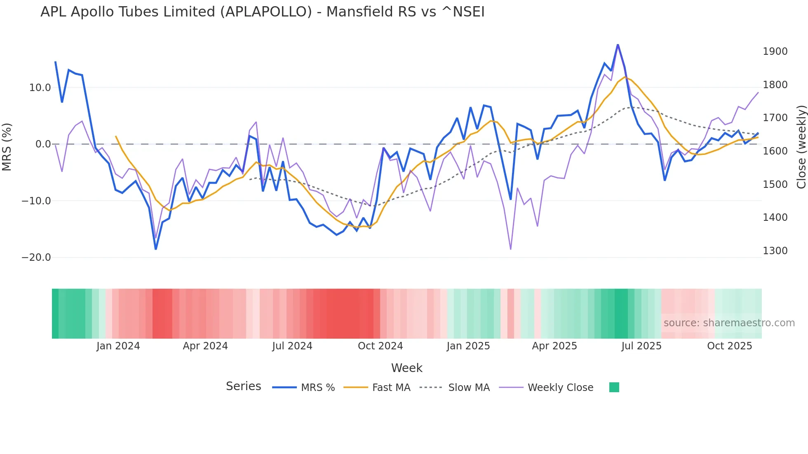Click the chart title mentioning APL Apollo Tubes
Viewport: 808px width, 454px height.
[262, 12]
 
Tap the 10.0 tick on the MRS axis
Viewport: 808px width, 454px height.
[40, 88]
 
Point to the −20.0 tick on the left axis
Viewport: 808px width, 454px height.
[36, 257]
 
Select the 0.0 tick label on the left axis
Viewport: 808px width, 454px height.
[43, 144]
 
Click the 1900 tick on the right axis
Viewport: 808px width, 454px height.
[775, 51]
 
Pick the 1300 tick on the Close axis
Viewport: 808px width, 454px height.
[775, 250]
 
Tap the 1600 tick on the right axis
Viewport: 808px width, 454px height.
[775, 151]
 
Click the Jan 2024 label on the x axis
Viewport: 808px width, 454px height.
[118, 346]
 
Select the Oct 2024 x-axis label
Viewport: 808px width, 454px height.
[380, 346]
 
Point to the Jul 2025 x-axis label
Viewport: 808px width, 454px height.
[641, 346]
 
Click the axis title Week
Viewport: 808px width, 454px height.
[406, 368]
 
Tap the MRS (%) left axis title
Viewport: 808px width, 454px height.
[7, 147]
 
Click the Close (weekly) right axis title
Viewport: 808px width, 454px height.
[801, 147]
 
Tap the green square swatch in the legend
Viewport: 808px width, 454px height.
[614, 387]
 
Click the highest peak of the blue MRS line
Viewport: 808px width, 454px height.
[618, 45]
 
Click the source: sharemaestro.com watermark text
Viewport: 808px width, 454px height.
[729, 323]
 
